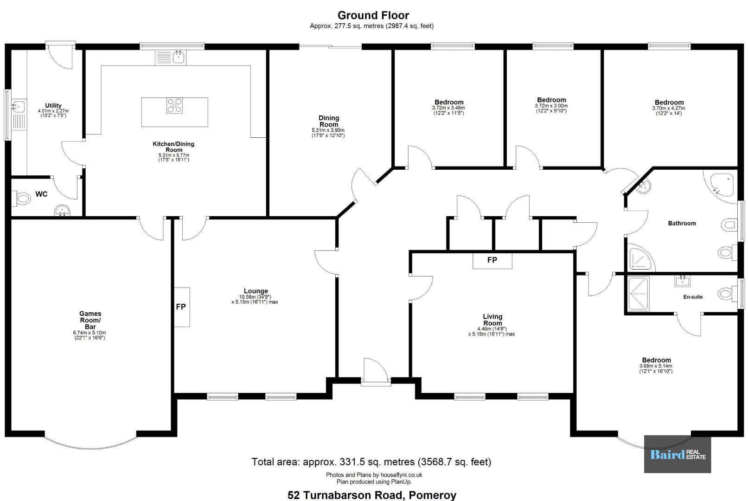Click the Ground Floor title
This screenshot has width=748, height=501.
373,15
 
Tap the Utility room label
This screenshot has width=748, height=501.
53,106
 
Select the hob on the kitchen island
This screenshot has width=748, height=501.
175,106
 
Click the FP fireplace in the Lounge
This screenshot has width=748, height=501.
182,307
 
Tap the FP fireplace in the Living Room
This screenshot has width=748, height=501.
492,261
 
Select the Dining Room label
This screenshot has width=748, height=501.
329,121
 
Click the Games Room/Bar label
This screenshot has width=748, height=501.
90,320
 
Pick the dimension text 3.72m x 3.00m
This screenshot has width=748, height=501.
551,106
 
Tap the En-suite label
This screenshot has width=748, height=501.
692,297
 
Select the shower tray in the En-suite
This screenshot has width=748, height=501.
639,293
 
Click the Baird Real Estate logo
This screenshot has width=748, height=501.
678,454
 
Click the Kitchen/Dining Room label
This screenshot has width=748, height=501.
173,147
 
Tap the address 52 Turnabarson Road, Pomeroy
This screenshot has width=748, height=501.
372,495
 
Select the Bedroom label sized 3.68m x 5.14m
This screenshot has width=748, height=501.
656,360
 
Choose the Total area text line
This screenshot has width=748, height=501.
371,462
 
